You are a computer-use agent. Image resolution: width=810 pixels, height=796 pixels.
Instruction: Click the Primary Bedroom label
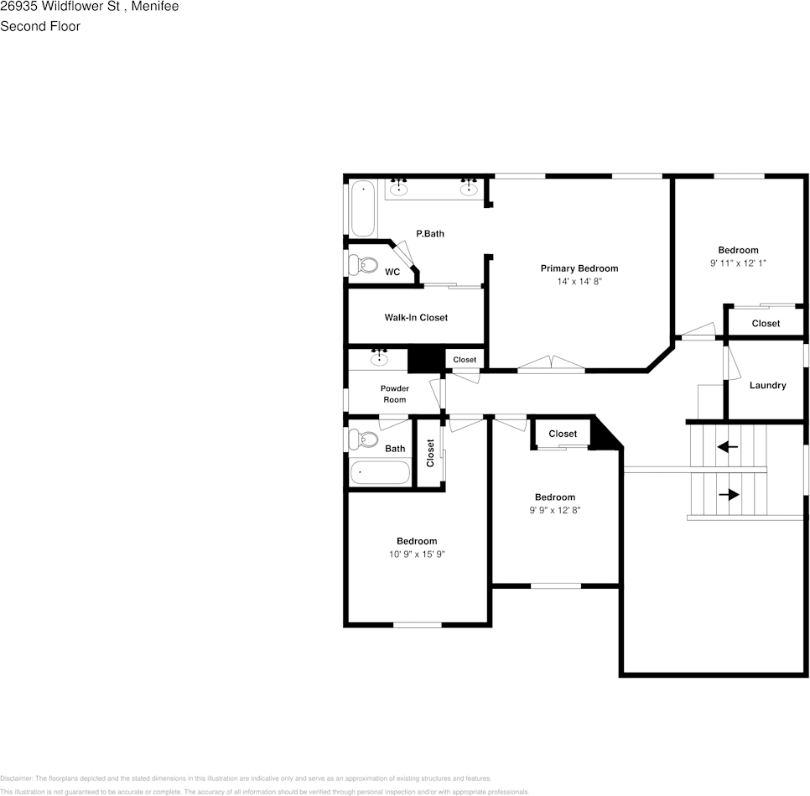[x=579, y=268]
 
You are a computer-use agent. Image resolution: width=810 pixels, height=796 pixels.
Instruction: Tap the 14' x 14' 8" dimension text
[x=579, y=282]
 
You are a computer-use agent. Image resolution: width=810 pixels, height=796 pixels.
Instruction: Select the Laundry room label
[x=767, y=386]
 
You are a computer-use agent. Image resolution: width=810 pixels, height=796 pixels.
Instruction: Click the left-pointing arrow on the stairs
[x=727, y=447]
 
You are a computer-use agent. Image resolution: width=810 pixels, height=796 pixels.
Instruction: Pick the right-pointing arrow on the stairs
[x=729, y=495]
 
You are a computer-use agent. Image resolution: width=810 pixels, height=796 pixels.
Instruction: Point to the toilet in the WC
[x=364, y=265]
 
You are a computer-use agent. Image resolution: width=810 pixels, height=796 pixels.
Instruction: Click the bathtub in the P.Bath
[x=363, y=208]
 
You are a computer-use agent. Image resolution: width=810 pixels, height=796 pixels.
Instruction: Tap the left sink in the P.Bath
[x=399, y=189]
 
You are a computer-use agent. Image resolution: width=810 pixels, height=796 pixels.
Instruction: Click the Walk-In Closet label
[x=416, y=318]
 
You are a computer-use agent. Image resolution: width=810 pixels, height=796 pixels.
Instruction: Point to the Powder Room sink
[x=379, y=360]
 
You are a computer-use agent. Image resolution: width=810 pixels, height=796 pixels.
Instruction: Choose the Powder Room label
[x=394, y=394]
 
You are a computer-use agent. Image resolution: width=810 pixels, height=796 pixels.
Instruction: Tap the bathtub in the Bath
[x=380, y=472]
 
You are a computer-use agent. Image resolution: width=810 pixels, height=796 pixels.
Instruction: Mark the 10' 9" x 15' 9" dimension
[x=417, y=554]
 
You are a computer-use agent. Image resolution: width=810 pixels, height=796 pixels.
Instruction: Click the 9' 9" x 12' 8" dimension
[x=555, y=510]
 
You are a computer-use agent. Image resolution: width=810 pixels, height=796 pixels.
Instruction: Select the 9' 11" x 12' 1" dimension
[x=738, y=263]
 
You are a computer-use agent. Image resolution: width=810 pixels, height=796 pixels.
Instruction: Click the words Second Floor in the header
[x=40, y=26]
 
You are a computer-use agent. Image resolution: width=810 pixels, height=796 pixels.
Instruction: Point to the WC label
[x=392, y=273]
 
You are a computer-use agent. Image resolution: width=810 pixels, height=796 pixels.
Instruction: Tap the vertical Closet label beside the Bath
[x=430, y=453]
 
